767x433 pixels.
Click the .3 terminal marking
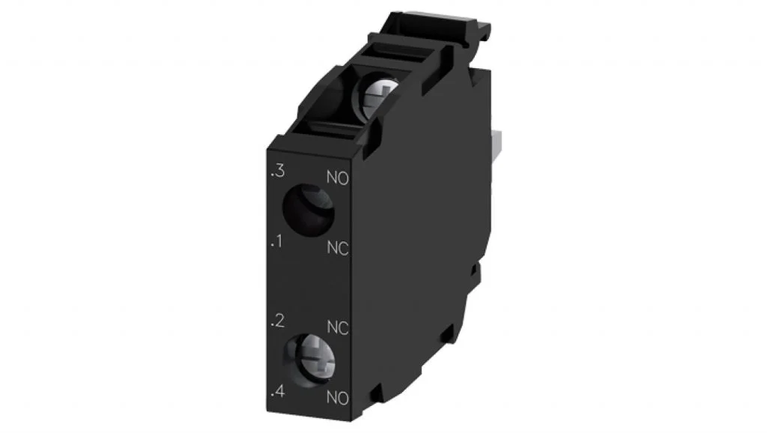click(278, 172)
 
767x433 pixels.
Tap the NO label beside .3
click(338, 178)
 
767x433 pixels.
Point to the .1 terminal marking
click(277, 241)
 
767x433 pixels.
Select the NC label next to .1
click(338, 248)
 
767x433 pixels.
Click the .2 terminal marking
click(277, 321)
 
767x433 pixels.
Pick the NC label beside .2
click(338, 327)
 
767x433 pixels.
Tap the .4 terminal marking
click(278, 391)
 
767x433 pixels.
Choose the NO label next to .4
click(338, 398)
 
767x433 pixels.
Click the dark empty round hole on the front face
click(308, 210)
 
